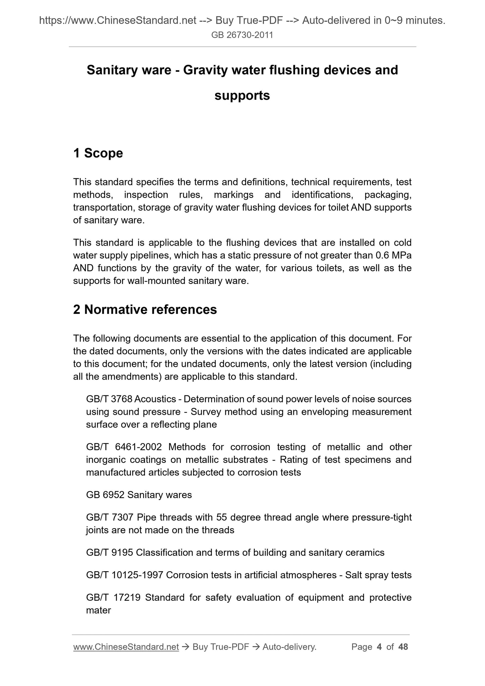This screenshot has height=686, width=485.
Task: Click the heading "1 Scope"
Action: point(98,153)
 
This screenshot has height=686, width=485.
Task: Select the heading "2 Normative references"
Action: point(145,309)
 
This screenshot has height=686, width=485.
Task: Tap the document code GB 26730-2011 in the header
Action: point(242,35)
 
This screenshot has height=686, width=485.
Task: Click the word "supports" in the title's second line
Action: point(242,96)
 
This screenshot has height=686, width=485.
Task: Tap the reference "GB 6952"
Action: point(105,495)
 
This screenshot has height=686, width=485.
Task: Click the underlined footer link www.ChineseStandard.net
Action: point(126,647)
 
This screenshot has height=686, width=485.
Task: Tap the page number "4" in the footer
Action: point(379,647)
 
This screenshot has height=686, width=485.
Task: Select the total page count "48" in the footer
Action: point(403,647)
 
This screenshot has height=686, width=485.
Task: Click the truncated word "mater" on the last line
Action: point(98,610)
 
